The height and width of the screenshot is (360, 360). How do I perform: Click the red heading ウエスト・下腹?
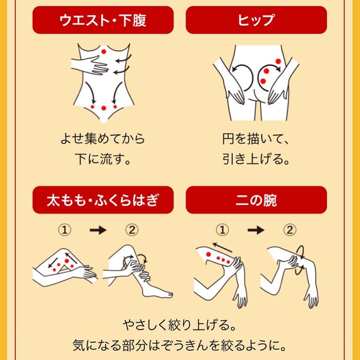tap(103, 20)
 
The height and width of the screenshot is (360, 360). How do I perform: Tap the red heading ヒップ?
tap(256, 20)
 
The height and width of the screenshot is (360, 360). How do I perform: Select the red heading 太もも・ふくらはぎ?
tap(103, 200)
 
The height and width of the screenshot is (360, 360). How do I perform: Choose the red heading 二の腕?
tap(256, 200)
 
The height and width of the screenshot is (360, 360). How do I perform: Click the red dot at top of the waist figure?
tap(104, 51)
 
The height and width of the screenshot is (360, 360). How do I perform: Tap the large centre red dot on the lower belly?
tap(104, 108)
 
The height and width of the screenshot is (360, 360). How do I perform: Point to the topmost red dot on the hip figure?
tap(278, 61)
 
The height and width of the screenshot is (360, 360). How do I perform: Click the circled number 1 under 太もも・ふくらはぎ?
tap(65, 230)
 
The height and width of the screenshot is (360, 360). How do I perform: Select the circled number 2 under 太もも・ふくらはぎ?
tap(132, 230)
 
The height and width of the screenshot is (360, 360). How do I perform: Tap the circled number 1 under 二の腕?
tap(222, 230)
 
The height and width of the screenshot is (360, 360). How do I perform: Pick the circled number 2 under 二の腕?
tap(290, 230)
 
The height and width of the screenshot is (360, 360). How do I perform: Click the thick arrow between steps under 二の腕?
tap(256, 230)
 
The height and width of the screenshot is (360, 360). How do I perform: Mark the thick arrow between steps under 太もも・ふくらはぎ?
tap(98, 230)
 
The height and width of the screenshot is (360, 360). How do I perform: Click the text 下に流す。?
tap(103, 159)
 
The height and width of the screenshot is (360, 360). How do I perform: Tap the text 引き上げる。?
tap(256, 159)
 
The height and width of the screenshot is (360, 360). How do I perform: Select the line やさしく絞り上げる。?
tap(180, 325)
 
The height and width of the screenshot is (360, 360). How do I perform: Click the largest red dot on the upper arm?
tap(208, 255)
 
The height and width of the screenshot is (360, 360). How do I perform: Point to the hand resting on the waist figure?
tap(91, 66)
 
